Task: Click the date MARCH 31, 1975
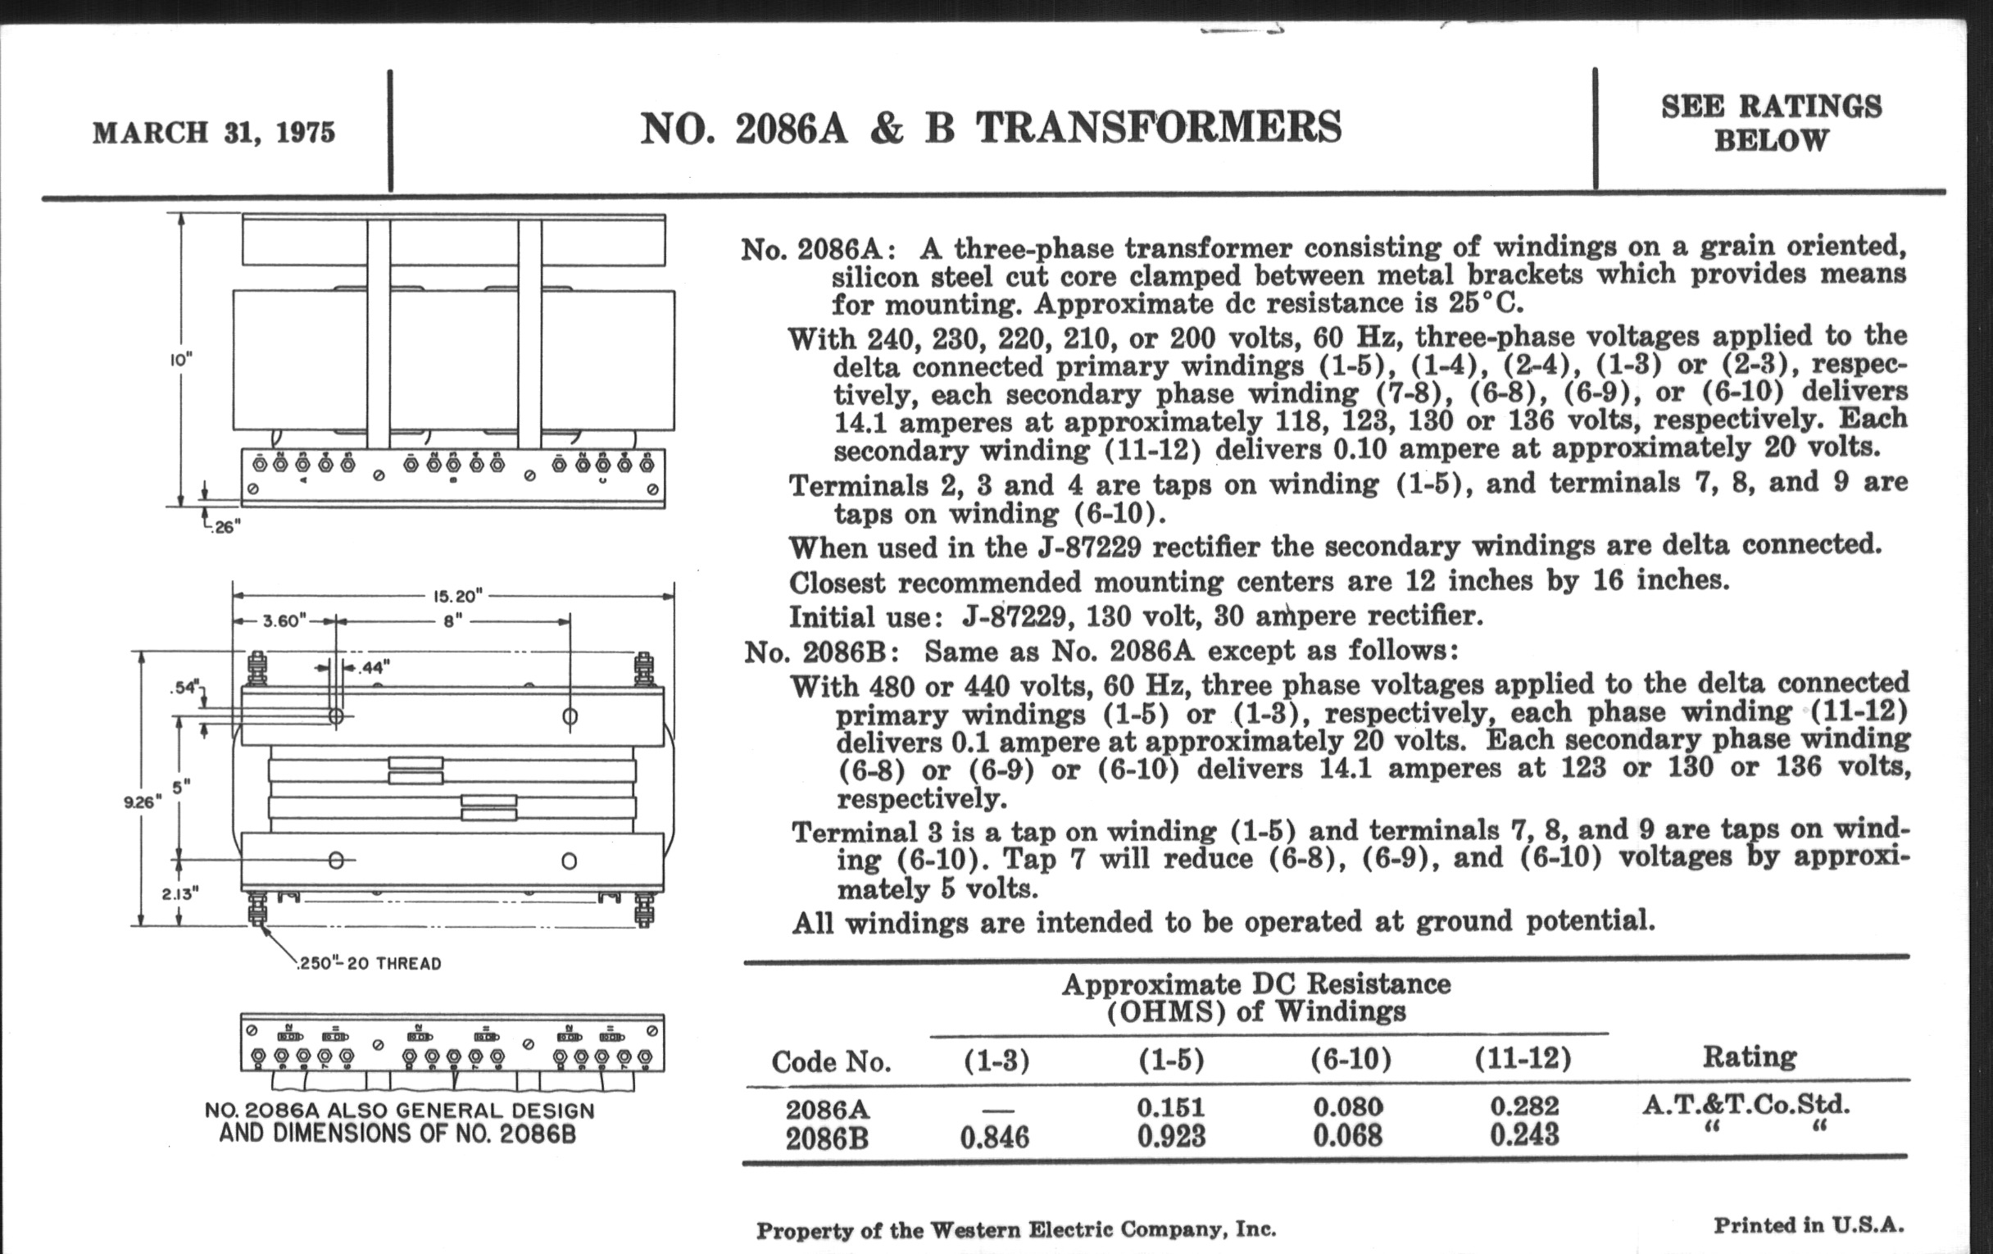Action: click(x=214, y=134)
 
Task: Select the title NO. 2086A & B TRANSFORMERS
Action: click(x=991, y=129)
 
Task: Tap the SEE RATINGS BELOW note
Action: click(x=1771, y=123)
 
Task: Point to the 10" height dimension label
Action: click(x=181, y=361)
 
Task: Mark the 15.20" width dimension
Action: click(x=458, y=596)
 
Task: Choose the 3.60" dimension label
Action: click(x=284, y=620)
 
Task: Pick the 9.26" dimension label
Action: click(x=141, y=802)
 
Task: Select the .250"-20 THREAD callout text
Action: click(x=369, y=964)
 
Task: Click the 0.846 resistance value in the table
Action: click(x=994, y=1138)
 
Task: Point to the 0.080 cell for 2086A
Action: click(x=1347, y=1106)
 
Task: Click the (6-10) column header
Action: click(x=1350, y=1059)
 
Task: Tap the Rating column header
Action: click(x=1749, y=1056)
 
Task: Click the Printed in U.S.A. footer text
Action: click(x=1809, y=1225)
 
